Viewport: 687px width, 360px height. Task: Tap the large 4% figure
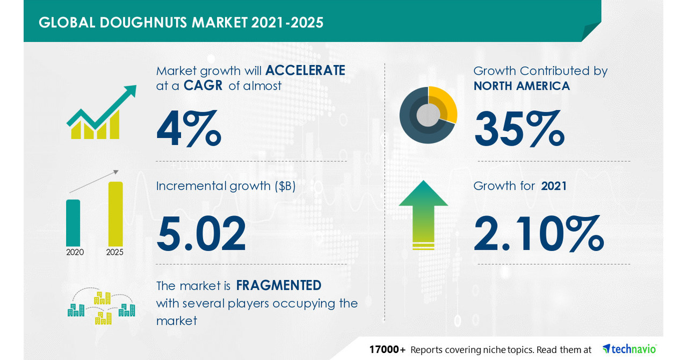tap(189, 129)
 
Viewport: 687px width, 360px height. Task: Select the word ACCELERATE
tap(305, 70)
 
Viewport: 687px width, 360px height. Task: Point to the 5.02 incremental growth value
tap(201, 234)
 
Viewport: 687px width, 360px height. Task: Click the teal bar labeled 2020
tap(73, 222)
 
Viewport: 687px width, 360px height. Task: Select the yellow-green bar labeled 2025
tap(115, 213)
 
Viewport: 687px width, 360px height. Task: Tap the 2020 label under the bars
tap(75, 252)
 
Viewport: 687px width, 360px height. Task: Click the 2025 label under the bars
tap(115, 252)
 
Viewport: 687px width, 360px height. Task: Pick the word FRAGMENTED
tap(279, 285)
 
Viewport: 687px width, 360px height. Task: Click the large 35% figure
tap(519, 129)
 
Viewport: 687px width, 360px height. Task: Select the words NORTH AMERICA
tap(522, 86)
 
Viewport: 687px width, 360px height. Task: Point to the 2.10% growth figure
tap(539, 234)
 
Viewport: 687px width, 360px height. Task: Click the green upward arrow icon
tap(423, 214)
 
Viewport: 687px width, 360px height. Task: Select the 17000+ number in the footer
tap(387, 349)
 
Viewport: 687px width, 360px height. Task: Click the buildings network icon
tap(101, 307)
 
